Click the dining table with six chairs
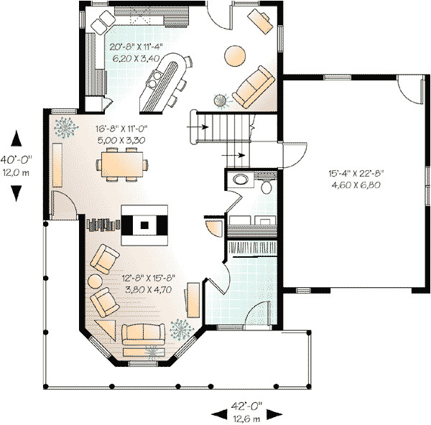126,164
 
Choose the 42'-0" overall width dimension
246,411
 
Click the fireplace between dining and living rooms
145,225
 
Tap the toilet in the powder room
267,187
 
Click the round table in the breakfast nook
235,55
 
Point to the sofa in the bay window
142,334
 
